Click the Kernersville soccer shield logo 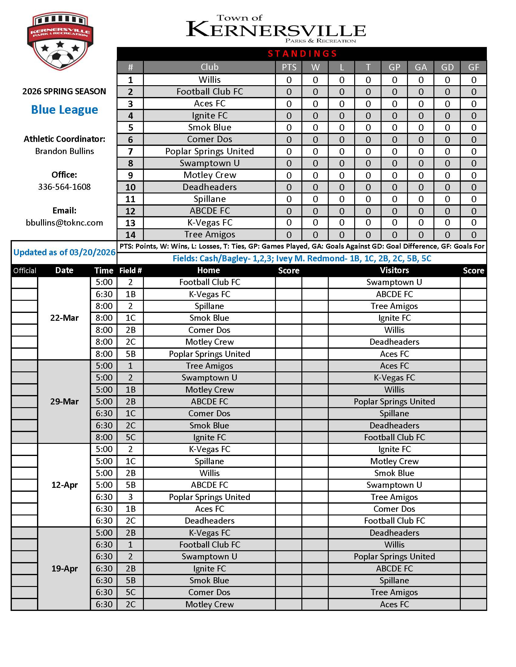60,41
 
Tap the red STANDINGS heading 302,54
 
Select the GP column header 394,67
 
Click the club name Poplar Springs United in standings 209,152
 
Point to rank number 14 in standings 130,235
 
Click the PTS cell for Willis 289,80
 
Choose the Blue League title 64,110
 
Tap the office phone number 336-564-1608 64,187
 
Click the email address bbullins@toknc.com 64,223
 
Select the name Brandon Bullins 64,151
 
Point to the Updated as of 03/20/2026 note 64,252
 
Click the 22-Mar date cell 64,318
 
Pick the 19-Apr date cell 64,568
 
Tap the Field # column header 130,270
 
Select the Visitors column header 394,270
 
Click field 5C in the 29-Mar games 130,437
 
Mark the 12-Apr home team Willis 209,473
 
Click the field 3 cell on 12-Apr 130,497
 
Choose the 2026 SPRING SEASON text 64,91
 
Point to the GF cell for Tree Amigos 474,235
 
